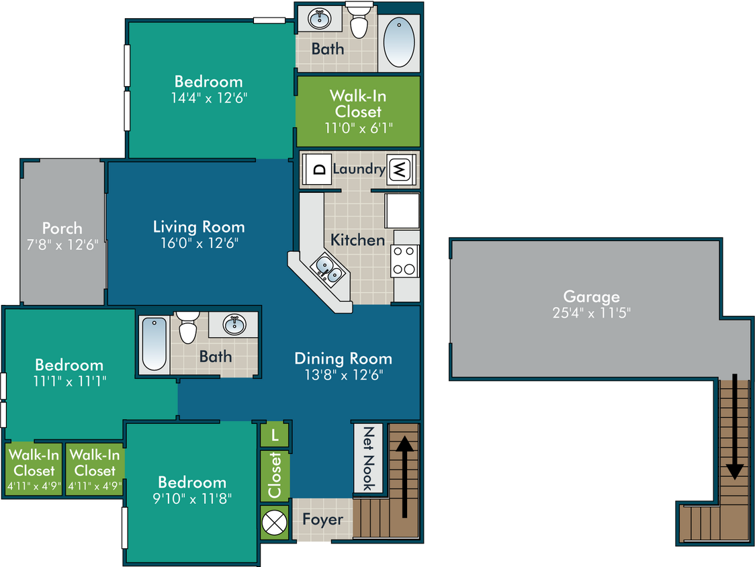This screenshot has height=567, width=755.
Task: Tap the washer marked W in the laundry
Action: point(400,169)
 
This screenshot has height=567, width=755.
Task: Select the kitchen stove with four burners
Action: point(405,261)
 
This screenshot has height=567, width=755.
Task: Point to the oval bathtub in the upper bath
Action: point(399,44)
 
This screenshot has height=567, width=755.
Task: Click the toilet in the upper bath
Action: point(359,21)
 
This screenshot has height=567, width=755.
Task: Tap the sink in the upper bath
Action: point(320,19)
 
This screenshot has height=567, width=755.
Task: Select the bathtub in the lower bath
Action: point(154,343)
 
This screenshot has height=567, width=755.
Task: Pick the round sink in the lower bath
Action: point(234,324)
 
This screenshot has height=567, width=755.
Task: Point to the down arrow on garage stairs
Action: point(735,427)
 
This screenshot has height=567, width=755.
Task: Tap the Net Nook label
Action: point(368,458)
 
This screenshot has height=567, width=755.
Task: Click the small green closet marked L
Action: point(275,435)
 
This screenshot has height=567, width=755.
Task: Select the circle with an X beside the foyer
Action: point(275,523)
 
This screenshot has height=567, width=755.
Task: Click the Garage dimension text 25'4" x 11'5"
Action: point(591,313)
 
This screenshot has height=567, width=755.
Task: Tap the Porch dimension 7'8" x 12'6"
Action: point(62,245)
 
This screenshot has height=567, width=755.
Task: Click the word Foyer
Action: point(322,519)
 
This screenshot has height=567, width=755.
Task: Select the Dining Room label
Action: point(343,359)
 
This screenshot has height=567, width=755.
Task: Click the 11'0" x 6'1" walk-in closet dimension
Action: point(358,128)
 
